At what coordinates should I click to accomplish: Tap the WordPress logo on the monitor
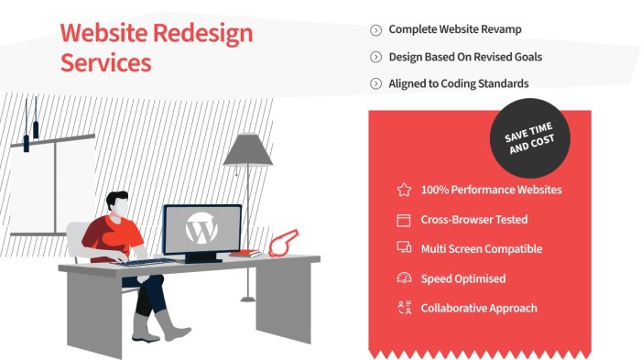[200, 229]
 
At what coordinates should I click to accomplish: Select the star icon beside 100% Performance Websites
[404, 191]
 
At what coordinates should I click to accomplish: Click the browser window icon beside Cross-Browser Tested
[404, 220]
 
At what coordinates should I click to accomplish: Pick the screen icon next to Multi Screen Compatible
[404, 248]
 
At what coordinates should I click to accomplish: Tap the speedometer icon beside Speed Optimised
[404, 278]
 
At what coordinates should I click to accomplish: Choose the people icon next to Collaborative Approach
[404, 308]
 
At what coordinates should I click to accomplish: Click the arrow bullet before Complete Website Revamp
[375, 30]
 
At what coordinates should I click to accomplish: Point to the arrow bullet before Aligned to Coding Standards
[375, 84]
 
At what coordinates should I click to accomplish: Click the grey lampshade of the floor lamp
[248, 150]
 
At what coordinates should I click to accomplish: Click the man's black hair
[116, 199]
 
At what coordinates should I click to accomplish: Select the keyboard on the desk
[146, 262]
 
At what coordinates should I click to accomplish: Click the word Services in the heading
[105, 63]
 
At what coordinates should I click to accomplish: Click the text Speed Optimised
[462, 278]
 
